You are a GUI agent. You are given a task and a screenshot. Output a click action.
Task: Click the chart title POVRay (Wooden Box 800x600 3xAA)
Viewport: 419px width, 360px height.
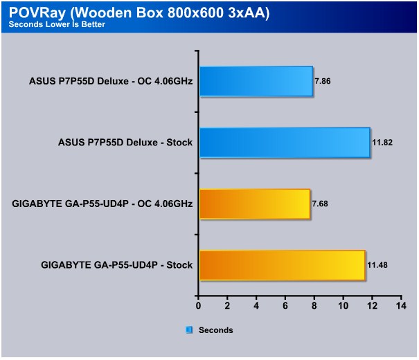tap(139, 12)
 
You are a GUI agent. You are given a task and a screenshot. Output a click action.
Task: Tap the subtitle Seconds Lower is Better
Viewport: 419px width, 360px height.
tap(57, 24)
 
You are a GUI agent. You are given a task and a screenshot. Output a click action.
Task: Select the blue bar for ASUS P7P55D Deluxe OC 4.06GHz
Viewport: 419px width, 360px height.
tap(256, 81)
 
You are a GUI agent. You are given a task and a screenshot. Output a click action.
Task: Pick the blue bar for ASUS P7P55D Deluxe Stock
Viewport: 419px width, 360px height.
tap(285, 143)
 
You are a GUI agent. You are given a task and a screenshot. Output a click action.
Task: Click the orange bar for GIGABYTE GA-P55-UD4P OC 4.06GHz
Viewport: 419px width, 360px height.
tap(255, 204)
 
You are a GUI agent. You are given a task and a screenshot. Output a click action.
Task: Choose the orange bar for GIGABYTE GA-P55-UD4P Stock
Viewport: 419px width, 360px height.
tap(283, 265)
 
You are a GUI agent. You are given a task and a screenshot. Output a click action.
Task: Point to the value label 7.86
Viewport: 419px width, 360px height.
tap(323, 81)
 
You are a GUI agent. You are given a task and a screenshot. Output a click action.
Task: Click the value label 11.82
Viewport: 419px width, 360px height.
tap(382, 143)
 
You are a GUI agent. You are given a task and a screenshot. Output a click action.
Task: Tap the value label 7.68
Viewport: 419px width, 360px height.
tap(320, 204)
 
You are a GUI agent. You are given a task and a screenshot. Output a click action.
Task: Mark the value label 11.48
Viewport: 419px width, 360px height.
tap(377, 265)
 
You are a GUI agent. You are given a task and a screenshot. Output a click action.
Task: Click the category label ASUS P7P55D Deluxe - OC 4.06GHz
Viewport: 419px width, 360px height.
tap(111, 81)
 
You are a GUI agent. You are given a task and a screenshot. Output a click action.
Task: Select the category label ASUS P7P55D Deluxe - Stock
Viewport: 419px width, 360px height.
tap(125, 143)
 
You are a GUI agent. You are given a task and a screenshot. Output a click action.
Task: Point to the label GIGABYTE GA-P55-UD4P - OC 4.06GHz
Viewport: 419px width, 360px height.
tap(102, 204)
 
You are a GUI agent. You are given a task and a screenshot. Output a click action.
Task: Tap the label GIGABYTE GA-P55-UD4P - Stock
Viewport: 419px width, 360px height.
tap(117, 265)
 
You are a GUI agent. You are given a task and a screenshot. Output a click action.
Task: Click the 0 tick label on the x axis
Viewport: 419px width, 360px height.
tap(198, 305)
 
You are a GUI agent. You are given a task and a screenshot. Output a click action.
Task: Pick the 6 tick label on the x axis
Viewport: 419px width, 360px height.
tap(285, 305)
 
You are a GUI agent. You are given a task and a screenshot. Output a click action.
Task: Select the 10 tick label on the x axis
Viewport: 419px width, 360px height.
tap(343, 305)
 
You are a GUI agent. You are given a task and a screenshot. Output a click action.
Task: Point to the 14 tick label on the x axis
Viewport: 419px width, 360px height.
tap(401, 305)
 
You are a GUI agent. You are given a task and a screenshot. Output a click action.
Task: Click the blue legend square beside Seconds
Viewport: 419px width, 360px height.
tap(189, 330)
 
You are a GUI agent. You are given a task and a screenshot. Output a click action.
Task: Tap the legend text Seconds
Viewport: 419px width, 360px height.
tap(216, 330)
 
